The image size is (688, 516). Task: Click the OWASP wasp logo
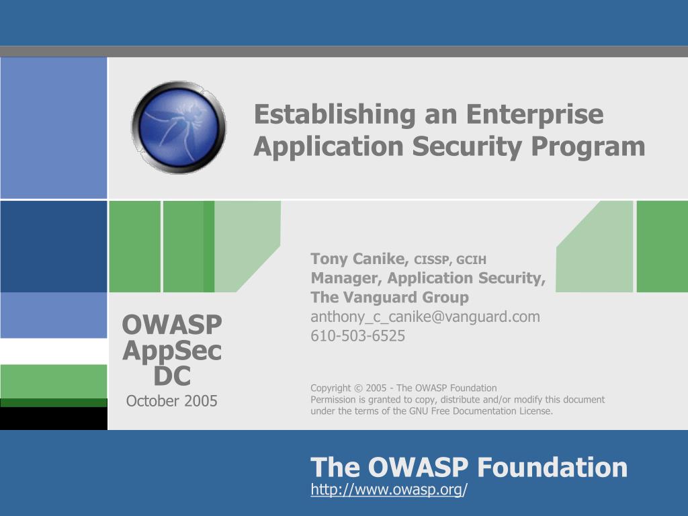click(179, 127)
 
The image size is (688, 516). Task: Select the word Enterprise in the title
click(534, 115)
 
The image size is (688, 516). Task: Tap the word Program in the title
click(588, 147)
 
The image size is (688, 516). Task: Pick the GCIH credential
click(471, 260)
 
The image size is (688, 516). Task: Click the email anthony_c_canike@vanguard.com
click(425, 317)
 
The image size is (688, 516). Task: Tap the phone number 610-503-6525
click(357, 336)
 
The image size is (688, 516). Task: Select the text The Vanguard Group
click(390, 298)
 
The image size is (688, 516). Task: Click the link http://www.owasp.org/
click(389, 489)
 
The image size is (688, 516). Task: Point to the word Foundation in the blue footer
click(552, 467)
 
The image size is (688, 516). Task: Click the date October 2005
click(171, 401)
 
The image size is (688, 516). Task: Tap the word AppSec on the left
click(172, 351)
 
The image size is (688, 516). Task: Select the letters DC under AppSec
click(172, 376)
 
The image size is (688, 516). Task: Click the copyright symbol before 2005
click(358, 388)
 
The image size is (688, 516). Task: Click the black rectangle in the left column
click(54, 419)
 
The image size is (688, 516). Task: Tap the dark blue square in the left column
click(54, 247)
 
